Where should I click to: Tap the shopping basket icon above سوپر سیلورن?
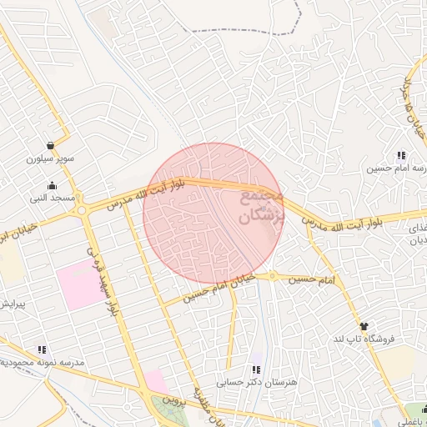pos(52,144)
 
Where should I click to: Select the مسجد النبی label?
pos(53,198)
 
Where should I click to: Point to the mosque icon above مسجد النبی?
pos(53,186)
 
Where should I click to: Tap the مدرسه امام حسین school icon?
pos(401,155)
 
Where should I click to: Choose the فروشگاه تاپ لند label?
pos(363,339)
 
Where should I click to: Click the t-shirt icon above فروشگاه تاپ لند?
pos(364,326)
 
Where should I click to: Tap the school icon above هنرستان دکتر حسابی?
pos(256,369)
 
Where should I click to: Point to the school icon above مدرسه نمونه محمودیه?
pos(41,350)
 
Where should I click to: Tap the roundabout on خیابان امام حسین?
pos(272,276)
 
